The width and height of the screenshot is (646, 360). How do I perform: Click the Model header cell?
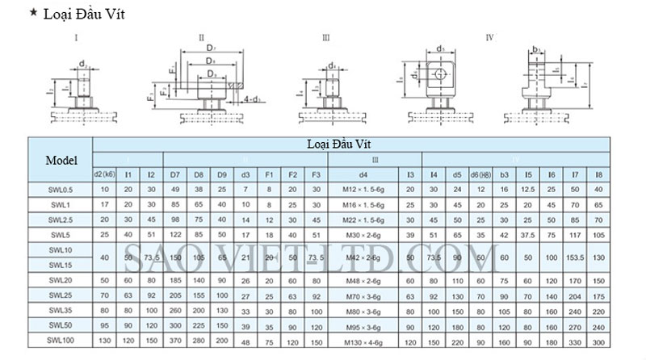pyautogui.click(x=61, y=159)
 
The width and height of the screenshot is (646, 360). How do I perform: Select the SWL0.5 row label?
pyautogui.click(x=61, y=190)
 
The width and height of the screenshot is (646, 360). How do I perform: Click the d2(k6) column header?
pyautogui.click(x=104, y=174)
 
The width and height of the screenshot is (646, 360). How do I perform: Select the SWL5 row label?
pyautogui.click(x=61, y=234)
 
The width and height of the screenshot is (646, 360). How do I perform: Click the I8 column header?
pyautogui.click(x=598, y=174)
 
